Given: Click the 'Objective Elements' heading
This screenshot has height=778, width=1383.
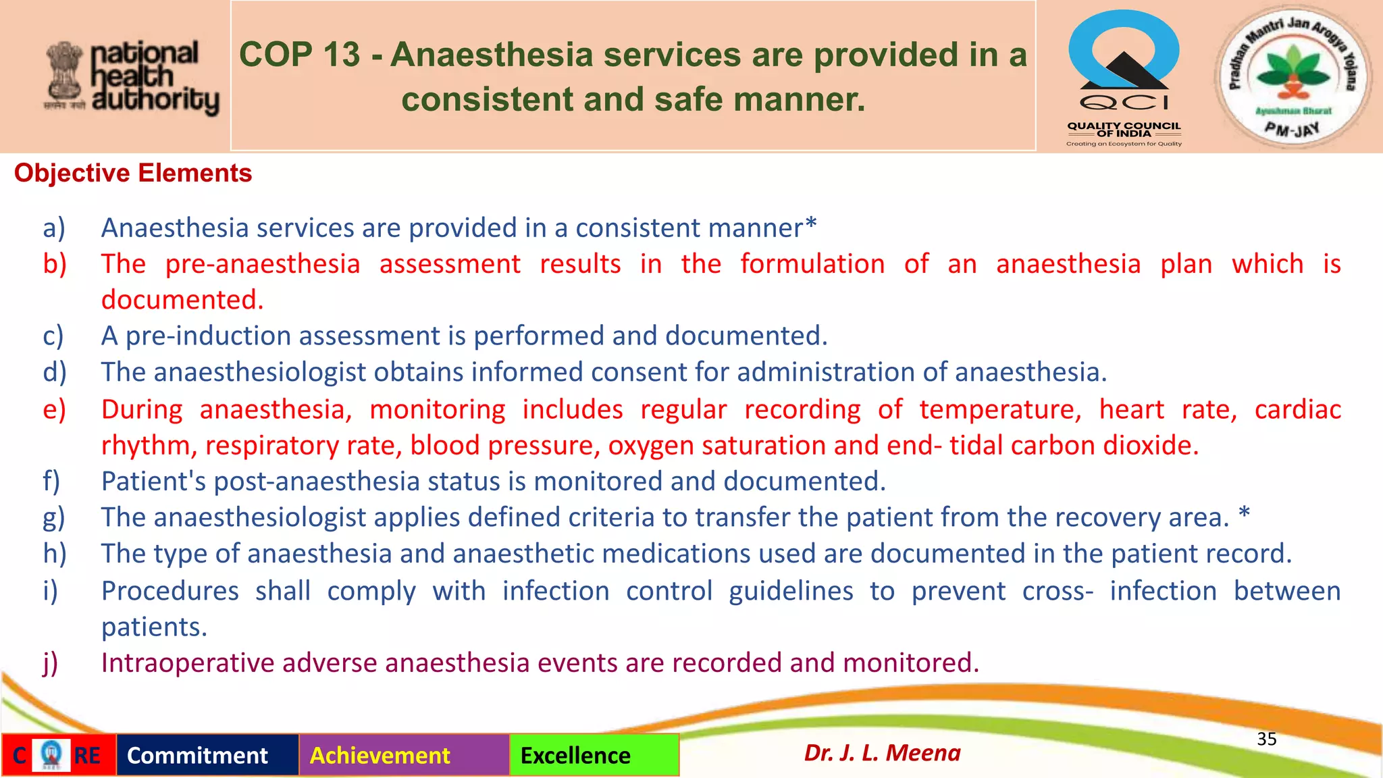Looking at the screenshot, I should [133, 174].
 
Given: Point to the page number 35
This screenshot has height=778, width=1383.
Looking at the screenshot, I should [1266, 739].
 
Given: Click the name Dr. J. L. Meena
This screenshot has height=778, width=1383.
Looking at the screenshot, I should [882, 752].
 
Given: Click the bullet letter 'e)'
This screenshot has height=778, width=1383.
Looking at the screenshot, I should [54, 410].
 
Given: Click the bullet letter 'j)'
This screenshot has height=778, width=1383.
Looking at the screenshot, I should [51, 663].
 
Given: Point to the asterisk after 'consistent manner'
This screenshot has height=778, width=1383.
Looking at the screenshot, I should [811, 224].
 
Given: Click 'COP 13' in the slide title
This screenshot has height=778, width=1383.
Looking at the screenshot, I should [300, 55].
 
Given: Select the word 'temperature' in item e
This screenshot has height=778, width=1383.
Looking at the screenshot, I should [999, 410].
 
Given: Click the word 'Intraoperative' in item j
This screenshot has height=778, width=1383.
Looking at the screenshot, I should [187, 663].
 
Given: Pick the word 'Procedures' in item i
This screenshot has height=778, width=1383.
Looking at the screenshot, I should [170, 591].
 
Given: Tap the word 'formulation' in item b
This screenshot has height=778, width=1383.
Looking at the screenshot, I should [812, 264].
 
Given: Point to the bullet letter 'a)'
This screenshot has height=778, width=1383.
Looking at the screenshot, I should [54, 228].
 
